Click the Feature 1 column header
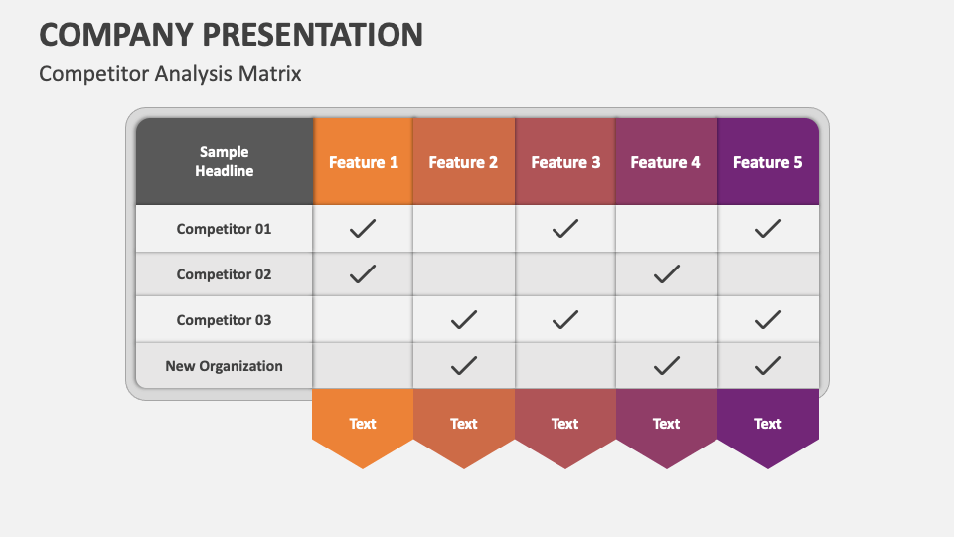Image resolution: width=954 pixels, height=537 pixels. (x=364, y=162)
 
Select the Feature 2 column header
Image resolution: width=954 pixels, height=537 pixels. (x=463, y=162)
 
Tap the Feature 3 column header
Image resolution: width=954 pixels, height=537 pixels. (x=565, y=162)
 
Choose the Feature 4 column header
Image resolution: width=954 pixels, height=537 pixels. (x=666, y=162)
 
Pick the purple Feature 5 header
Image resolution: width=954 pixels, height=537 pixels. (x=767, y=162)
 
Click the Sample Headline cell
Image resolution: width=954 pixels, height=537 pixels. (x=224, y=161)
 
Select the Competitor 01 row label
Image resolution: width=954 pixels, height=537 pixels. (x=224, y=229)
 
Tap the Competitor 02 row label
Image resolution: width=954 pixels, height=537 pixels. (x=224, y=274)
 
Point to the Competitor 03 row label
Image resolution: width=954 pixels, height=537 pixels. (x=224, y=320)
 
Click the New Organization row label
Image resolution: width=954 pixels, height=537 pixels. (x=224, y=366)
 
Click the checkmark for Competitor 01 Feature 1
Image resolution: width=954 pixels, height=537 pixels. (x=363, y=229)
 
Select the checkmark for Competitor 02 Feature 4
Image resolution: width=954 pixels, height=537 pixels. (x=666, y=274)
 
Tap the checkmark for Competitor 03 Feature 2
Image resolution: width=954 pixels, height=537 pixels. (x=463, y=320)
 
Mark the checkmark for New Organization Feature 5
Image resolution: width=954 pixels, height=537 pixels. (x=767, y=366)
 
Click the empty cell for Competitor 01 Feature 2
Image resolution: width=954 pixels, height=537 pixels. (x=463, y=229)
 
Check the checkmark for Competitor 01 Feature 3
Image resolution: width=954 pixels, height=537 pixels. (x=565, y=229)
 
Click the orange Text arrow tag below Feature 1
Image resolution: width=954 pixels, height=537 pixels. (x=363, y=425)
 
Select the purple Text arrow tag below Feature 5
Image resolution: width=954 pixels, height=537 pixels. (x=767, y=425)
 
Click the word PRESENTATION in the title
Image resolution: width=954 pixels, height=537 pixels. (x=313, y=35)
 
